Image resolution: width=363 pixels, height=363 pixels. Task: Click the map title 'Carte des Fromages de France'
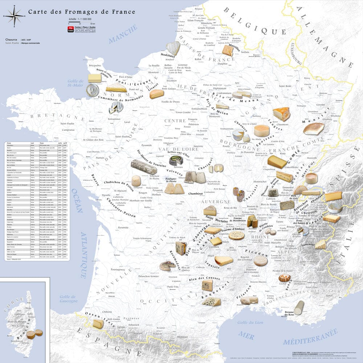pyautogui.click(x=82, y=12)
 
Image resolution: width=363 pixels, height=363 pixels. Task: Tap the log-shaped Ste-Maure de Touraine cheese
pyautogui.click(x=144, y=167)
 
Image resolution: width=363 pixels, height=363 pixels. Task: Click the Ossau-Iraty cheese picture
pyautogui.click(x=98, y=324)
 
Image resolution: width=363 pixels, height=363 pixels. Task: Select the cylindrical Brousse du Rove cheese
pyautogui.click(x=299, y=307)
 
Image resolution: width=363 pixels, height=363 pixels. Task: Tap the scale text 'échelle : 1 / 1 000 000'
pyautogui.click(x=78, y=19)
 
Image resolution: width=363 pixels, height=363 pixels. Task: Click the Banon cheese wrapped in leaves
pyautogui.click(x=284, y=278)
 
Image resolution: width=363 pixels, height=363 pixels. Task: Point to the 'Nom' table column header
pyautogui.click(x=9, y=144)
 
